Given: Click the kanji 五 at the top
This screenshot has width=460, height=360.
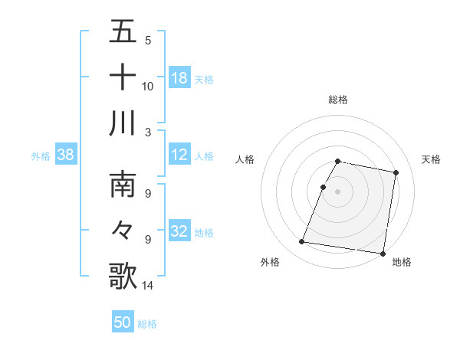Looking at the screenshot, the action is coord(123,32).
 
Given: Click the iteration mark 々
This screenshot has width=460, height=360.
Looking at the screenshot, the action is coord(123,230).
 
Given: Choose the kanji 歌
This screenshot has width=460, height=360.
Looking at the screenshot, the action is coord(123,276).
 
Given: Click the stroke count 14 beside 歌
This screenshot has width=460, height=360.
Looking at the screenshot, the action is coord(147,286).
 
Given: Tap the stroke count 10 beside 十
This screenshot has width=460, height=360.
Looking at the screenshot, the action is coord(147,86).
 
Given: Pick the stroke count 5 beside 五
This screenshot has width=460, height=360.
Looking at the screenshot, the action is coord(147,41).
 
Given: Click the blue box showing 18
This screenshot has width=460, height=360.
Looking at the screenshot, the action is coord(179,77).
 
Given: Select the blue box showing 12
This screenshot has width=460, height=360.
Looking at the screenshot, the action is coord(179,155).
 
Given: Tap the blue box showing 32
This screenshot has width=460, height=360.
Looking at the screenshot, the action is coord(179,231).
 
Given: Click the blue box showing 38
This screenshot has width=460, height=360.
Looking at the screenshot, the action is coord(65,155).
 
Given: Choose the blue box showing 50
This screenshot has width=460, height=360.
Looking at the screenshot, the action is coord(122,322).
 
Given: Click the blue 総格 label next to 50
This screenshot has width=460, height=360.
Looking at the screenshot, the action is coord(147,324).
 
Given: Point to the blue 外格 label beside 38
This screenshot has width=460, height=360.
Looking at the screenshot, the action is coord(41,156).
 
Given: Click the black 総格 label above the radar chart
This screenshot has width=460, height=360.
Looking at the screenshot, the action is coord(338,100).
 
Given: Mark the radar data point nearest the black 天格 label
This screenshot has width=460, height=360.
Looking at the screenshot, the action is coord(396,172).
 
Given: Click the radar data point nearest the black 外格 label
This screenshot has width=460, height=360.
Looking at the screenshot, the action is coord(302,242).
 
